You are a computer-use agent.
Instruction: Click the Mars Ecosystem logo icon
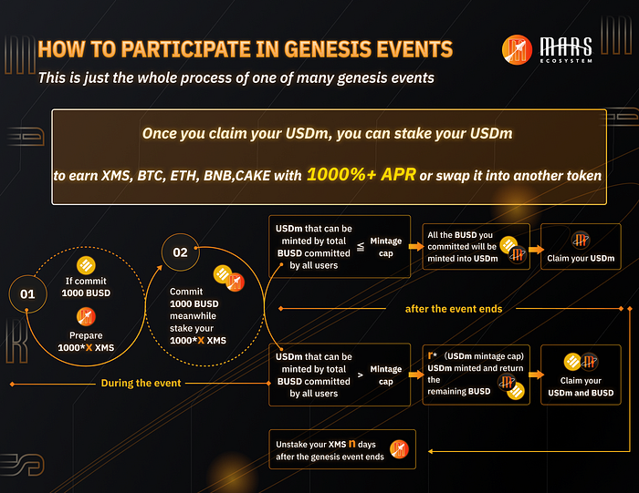517,49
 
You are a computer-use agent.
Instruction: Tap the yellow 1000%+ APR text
361,174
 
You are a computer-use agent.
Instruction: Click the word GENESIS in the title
328,49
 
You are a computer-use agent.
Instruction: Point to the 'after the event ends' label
454,309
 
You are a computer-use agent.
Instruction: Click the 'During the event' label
141,383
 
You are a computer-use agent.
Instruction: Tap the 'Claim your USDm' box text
581,258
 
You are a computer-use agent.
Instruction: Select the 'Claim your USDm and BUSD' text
581,386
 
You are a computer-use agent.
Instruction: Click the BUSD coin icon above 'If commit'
86,266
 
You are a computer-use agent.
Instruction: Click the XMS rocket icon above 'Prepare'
86,317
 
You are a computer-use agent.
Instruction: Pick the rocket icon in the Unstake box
399,449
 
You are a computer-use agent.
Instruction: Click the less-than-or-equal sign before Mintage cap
361,247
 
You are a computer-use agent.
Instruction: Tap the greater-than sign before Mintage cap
361,375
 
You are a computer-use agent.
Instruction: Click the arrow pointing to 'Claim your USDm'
537,250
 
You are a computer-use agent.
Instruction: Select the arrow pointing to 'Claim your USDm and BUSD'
537,375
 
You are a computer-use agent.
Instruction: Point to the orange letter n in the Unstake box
352,444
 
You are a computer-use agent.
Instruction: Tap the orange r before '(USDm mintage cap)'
430,355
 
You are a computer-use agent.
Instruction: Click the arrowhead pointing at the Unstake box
430,451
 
